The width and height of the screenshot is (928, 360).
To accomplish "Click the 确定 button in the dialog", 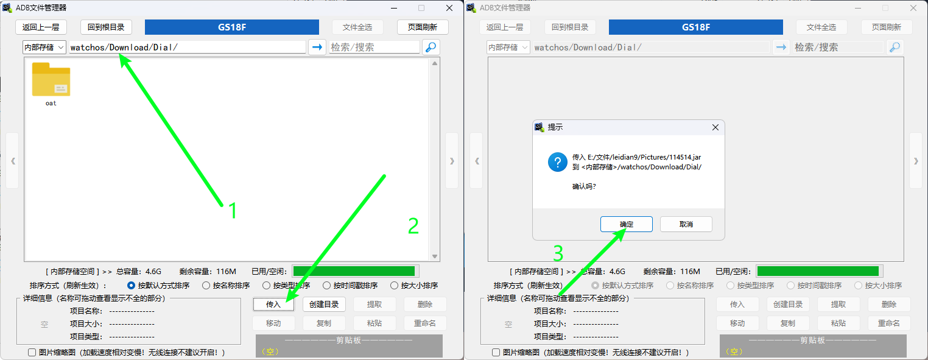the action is point(626,224).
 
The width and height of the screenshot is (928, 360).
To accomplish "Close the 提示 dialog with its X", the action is point(715,127).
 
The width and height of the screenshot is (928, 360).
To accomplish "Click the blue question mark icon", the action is point(557,162).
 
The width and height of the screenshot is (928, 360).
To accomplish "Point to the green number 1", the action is point(233,210).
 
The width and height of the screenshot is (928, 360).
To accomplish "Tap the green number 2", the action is point(413,226).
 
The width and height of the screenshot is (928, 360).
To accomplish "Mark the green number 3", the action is point(558,253).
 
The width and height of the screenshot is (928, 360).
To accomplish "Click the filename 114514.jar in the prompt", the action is point(685,157).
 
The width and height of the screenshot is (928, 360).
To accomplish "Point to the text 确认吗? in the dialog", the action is point(584,186).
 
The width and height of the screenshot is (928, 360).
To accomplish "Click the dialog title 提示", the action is point(555,127).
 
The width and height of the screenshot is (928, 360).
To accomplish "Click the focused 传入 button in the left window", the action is point(273,305).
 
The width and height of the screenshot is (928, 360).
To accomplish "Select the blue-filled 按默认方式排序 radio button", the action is point(131,286).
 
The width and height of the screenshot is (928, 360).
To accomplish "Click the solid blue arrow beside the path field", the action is point(317,48).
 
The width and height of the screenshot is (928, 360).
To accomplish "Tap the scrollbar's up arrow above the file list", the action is point(435,63).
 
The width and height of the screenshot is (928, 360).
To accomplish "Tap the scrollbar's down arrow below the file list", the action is point(435,256).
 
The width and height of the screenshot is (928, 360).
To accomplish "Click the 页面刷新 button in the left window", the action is point(423,27).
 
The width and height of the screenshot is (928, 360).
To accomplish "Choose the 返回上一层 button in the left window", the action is point(41,27).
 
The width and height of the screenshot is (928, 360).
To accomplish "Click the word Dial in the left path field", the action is point(163,48).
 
